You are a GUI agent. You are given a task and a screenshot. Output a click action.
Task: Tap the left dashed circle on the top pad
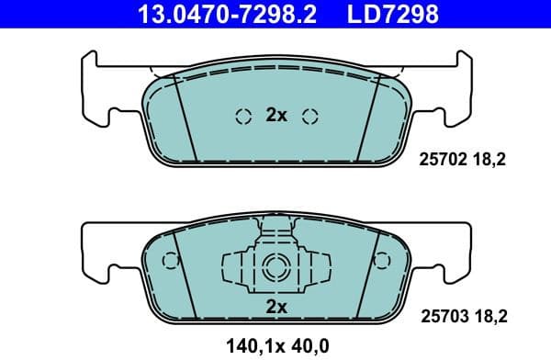click(x=243, y=116)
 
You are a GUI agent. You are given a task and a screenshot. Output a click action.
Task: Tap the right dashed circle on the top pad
click(x=309, y=116)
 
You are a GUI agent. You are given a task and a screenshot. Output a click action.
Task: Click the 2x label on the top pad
click(x=276, y=116)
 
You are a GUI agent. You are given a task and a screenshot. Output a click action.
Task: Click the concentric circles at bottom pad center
click(x=275, y=268)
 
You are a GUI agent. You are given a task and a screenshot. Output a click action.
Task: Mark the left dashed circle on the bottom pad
click(x=168, y=261)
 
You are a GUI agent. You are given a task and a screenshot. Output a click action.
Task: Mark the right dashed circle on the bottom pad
click(x=384, y=261)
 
